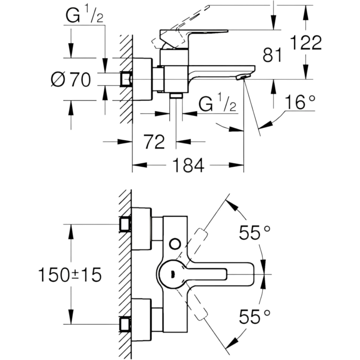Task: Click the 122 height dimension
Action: pos(306,42)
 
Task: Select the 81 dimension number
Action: pos(272,55)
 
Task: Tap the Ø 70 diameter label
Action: pos(71,80)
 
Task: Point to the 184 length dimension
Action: pos(188,165)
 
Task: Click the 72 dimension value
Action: pos(154,142)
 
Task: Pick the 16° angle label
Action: pos(300,102)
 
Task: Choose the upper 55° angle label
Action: pos(254,232)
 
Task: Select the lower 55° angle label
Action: pos(254,316)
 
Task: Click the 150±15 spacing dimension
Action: pos(70,275)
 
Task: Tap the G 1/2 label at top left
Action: pos(84,15)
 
